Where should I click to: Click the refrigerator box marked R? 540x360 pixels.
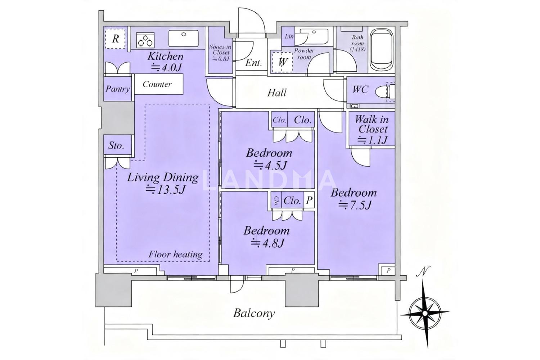pyautogui.click(x=115, y=39)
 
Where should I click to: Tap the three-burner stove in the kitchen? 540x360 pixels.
pyautogui.click(x=145, y=40)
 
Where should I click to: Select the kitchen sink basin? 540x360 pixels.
pyautogui.click(x=184, y=38)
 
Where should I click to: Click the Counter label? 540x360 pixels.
pyautogui.click(x=157, y=84)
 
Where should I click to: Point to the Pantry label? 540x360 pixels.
pyautogui.click(x=118, y=89)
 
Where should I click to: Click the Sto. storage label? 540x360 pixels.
pyautogui.click(x=116, y=145)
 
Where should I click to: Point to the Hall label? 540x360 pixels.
pyautogui.click(x=277, y=93)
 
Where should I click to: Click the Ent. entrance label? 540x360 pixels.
pyautogui.click(x=253, y=63)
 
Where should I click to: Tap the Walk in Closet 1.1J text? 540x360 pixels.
pyautogui.click(x=372, y=130)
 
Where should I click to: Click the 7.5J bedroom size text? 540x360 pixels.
pyautogui.click(x=354, y=206)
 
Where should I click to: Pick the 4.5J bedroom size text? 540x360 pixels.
pyautogui.click(x=270, y=166)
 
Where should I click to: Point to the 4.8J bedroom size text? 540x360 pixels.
pyautogui.click(x=267, y=243)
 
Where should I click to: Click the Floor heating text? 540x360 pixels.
pyautogui.click(x=175, y=255)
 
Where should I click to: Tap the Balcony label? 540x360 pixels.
pyautogui.click(x=254, y=313)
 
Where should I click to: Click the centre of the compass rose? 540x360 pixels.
pyautogui.click(x=425, y=313)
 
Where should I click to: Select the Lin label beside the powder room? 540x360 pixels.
pyautogui.click(x=289, y=36)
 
